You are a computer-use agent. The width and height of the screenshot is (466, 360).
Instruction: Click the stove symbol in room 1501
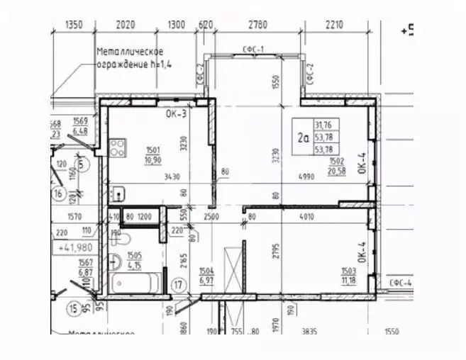[118, 149]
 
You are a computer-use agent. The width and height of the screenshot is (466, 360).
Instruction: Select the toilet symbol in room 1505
[116, 235]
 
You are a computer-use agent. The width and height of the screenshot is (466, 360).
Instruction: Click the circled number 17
[179, 286]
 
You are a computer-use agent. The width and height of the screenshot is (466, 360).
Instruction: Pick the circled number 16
[59, 193]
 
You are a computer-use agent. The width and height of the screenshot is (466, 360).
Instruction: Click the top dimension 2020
[125, 25]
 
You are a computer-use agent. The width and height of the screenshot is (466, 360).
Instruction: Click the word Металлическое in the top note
[131, 52]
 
